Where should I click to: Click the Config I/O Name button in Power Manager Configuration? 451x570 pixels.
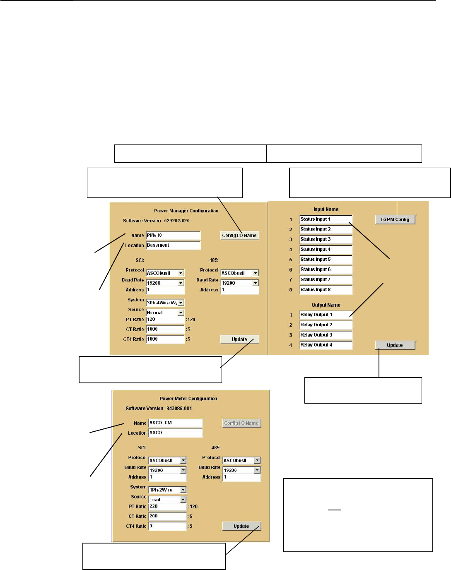click(x=239, y=236)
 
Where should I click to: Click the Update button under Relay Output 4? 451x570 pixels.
click(x=395, y=345)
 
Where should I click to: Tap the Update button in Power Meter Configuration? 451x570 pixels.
click(x=241, y=526)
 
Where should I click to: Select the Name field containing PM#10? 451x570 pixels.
click(x=173, y=236)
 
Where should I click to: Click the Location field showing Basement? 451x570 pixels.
click(x=173, y=245)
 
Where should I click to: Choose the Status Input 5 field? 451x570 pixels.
click(x=326, y=260)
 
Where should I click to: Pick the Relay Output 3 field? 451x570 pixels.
click(x=326, y=335)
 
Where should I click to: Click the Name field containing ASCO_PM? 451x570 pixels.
click(x=175, y=423)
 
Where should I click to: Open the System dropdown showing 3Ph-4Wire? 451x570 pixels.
click(x=165, y=303)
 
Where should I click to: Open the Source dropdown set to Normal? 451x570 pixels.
click(x=165, y=313)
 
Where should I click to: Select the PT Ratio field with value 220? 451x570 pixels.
click(x=167, y=507)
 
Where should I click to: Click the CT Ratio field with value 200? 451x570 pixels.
click(x=167, y=517)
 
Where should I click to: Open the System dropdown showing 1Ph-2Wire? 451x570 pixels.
click(x=167, y=490)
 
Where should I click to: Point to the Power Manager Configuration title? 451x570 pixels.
click(x=186, y=211)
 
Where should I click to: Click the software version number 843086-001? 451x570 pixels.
click(x=179, y=409)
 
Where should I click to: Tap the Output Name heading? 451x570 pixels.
click(x=326, y=305)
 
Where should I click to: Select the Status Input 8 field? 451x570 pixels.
click(x=326, y=290)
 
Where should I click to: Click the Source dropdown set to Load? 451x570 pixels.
click(x=167, y=500)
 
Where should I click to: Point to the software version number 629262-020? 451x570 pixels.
click(x=176, y=221)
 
